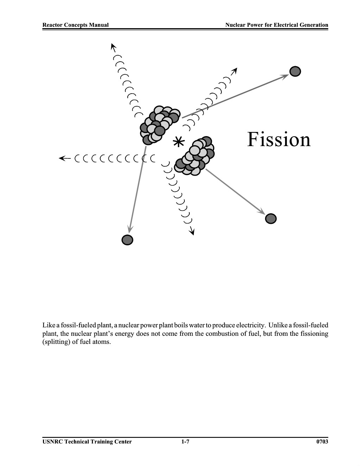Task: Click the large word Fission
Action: [x=279, y=139]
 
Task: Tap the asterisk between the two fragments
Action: [x=179, y=142]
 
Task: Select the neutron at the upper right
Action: [x=295, y=71]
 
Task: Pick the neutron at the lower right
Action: [x=271, y=219]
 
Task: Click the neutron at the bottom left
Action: [x=127, y=240]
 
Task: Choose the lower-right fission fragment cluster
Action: [x=195, y=156]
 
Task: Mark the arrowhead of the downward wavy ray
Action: [x=192, y=231]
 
